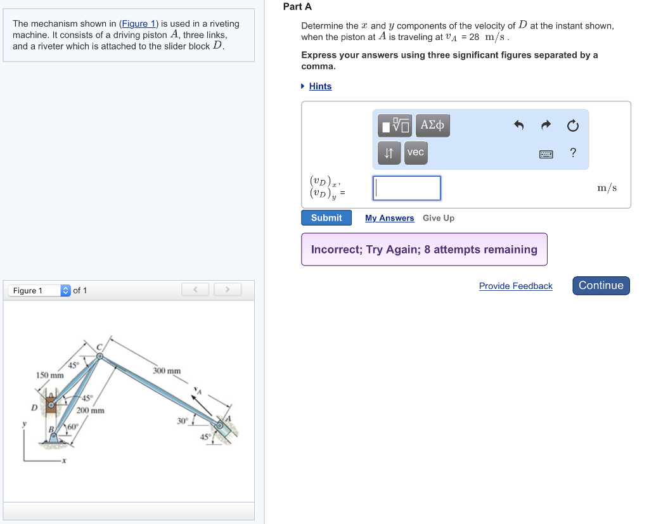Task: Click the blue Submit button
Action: coord(326,218)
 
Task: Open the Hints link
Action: coord(320,86)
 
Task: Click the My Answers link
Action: coord(389,218)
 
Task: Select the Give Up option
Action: coord(439,218)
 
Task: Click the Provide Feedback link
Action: coord(515,286)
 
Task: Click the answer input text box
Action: coord(407,188)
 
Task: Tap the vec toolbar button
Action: coord(415,153)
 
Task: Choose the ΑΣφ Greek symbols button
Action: coord(432,125)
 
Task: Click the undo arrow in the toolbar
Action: coord(518,125)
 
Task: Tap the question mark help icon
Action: coord(573,153)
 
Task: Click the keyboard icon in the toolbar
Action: coord(546,153)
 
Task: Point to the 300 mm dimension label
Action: coord(167,371)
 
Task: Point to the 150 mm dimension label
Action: coord(49,376)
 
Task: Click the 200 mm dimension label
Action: coord(90,411)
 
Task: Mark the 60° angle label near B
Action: coord(72,426)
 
